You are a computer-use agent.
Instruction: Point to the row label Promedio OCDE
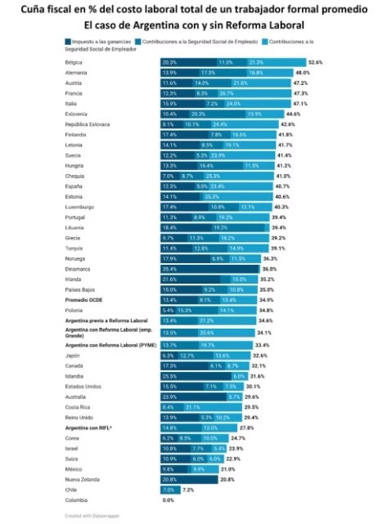pos(87,300)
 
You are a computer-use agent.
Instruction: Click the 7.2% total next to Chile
pos(187,490)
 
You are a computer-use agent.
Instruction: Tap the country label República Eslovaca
pos(91,124)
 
